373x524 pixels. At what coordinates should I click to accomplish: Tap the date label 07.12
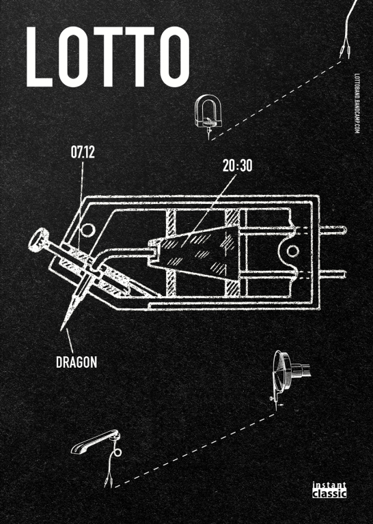[83, 152]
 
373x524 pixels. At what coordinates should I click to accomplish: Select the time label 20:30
[238, 166]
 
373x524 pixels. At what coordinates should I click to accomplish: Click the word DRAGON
[77, 362]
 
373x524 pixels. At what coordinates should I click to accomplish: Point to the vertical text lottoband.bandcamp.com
[357, 104]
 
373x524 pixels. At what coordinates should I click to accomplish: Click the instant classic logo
[329, 490]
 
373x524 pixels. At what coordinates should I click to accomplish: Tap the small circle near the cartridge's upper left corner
[88, 230]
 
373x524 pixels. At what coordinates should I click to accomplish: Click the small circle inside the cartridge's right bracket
[292, 250]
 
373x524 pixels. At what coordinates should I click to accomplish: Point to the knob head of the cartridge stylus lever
[38, 239]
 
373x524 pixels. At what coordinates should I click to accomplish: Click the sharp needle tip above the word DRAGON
[61, 330]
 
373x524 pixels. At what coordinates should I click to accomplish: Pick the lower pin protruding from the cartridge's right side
[331, 274]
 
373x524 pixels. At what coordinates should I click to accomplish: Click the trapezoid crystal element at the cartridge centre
[194, 252]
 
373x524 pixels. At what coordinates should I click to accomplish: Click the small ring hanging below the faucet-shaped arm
[118, 453]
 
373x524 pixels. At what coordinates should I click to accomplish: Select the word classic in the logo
[329, 493]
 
